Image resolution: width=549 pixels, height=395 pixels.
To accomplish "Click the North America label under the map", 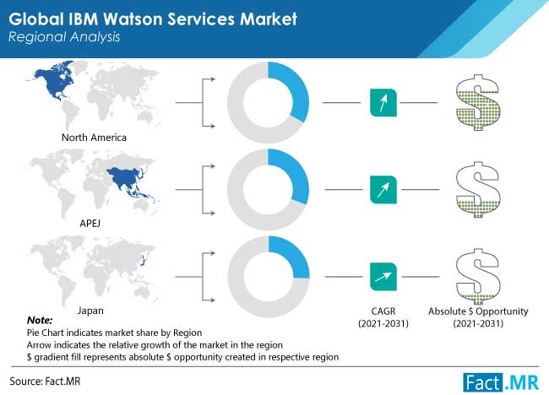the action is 94,138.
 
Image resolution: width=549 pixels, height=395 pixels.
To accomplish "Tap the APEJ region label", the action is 90,223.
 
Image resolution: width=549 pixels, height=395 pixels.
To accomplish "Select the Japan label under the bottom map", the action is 90,311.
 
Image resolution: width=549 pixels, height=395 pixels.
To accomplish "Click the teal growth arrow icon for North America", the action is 383,102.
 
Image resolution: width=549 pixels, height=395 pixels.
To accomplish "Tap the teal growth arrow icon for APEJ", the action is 383,190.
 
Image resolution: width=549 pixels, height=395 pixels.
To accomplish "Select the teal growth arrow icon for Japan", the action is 383,277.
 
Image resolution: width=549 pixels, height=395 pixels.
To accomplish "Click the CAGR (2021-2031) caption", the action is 383,317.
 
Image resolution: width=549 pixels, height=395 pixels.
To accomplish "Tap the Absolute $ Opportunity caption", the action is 478,317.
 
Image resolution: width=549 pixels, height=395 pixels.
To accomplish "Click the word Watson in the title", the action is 134,19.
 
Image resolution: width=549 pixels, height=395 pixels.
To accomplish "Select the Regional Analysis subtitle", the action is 64,37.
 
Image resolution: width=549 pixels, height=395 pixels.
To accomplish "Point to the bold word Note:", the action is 40,320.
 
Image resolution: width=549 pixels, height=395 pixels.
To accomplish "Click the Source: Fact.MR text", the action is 45,381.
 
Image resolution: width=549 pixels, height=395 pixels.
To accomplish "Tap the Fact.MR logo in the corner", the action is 501,382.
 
